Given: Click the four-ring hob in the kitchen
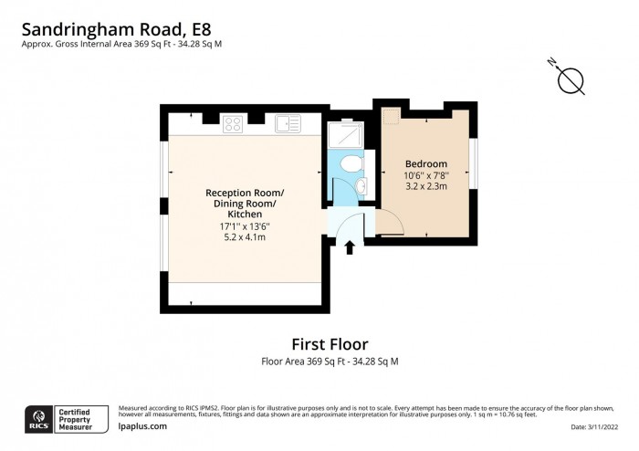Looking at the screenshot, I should [233, 122].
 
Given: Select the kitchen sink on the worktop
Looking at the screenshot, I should [288, 123].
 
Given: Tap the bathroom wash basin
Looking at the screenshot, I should [361, 187].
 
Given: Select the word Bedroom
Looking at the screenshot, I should [426, 163].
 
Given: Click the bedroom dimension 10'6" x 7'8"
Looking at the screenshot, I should [426, 175].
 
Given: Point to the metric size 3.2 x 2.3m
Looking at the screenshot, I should [426, 187].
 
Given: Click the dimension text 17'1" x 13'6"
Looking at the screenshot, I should [244, 225].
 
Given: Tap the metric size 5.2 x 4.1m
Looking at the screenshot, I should [244, 237].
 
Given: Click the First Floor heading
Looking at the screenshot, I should [329, 344].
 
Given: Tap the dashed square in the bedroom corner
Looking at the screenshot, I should [391, 115].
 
